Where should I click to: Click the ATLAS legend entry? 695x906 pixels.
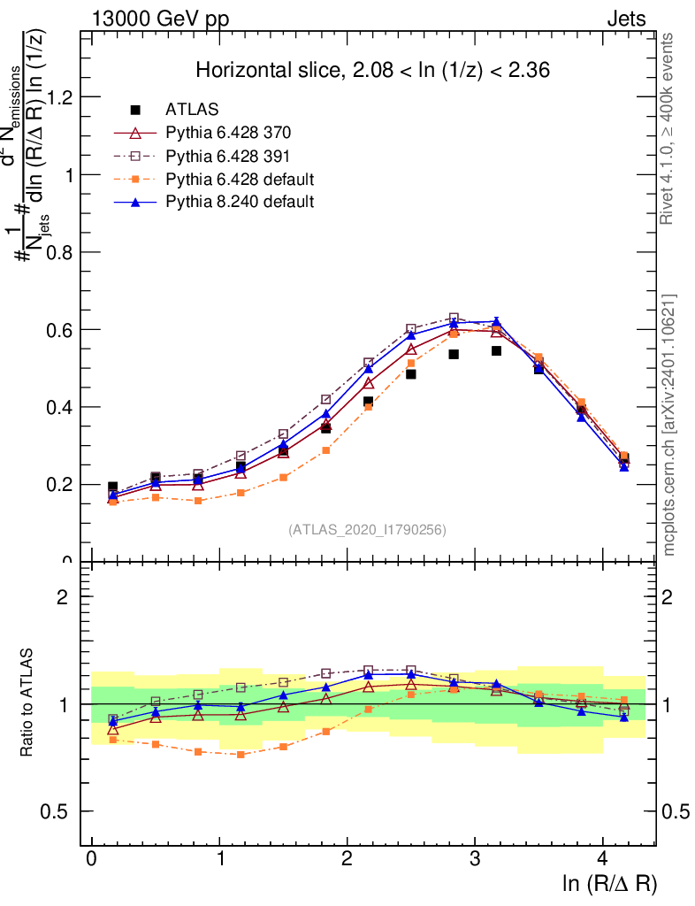(192, 110)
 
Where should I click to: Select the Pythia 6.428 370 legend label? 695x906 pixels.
(228, 133)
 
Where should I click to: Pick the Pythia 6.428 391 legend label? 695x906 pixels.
(228, 156)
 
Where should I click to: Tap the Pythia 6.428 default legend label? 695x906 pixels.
(240, 179)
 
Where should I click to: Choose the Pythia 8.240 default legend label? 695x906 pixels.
(240, 202)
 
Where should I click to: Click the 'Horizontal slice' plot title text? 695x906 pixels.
(373, 71)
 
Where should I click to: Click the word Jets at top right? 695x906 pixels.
(626, 19)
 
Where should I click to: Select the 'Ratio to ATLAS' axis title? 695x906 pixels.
(28, 703)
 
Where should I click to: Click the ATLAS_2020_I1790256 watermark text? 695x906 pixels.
(367, 530)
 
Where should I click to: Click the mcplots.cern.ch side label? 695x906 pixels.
(668, 425)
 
